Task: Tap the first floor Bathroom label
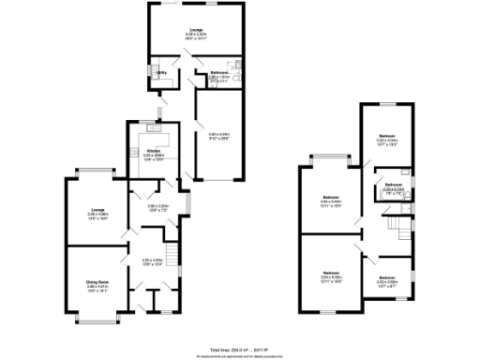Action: click(x=394, y=185)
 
